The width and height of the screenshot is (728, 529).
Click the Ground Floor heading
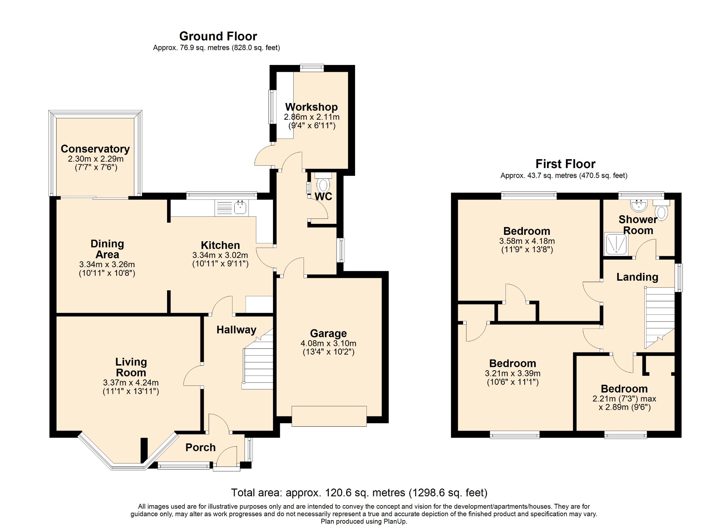218,36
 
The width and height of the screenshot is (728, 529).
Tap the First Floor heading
565,164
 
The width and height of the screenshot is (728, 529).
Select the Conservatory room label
95,149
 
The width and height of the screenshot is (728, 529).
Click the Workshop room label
311,107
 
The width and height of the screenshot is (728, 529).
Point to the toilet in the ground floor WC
323,183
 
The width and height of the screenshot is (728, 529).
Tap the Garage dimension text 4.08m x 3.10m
328,344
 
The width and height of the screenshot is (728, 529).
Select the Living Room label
131,367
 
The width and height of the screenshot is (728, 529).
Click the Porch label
200,447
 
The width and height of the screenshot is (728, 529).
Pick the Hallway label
236,330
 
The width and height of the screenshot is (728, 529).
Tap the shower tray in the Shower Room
616,244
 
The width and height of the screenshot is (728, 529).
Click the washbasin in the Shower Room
639,205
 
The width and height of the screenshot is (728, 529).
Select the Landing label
637,277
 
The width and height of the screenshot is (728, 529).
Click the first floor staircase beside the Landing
660,318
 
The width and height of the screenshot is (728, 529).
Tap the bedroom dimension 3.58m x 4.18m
527,241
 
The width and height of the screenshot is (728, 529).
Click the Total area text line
359,493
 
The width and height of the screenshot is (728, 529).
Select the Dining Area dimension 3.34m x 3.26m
107,264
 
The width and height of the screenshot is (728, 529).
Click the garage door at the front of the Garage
329,416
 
